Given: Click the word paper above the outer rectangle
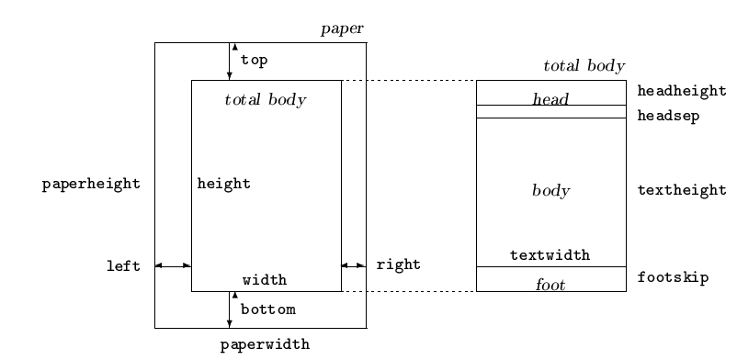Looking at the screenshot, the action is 342,29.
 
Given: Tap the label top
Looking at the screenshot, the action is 255,61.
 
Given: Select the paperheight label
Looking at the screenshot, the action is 91,185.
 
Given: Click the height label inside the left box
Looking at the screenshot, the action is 223,184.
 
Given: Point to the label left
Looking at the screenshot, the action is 124,266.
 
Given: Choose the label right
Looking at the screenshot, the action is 399,264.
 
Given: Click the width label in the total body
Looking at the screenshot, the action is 265,280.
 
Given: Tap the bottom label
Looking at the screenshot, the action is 268,309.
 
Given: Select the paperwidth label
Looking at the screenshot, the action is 265,345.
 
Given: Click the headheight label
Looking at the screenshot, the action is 682,91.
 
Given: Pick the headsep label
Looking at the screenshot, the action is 668,116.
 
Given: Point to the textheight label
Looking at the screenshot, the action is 682,190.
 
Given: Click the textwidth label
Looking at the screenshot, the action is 550,255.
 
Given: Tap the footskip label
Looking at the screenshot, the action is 673,277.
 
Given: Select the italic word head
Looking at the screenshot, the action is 550,98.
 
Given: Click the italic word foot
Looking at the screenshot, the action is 550,285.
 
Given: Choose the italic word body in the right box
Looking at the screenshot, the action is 550,190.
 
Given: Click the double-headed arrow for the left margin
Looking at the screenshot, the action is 173,266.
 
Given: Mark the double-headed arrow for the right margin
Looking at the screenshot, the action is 354,266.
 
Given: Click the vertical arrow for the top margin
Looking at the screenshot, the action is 230,62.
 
